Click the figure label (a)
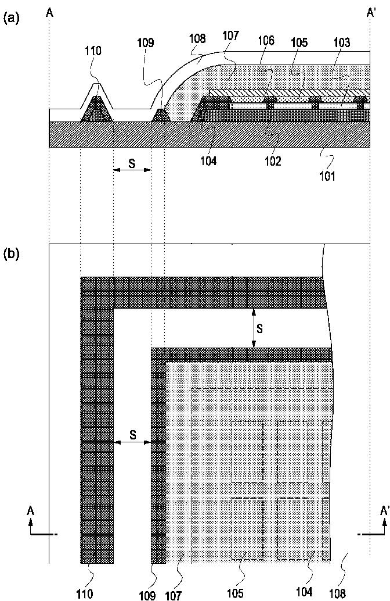click(11, 18)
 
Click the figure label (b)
click(11, 254)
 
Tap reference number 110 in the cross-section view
click(93, 51)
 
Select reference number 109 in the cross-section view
click(146, 43)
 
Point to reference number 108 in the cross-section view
click(197, 39)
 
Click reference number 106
click(266, 41)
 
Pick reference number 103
click(342, 42)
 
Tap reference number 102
click(273, 162)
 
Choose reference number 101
click(328, 177)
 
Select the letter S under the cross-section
click(132, 164)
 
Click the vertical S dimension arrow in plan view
click(254, 328)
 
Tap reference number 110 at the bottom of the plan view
click(85, 594)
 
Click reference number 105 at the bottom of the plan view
click(234, 593)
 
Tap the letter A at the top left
click(49, 13)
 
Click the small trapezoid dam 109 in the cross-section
click(161, 115)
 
